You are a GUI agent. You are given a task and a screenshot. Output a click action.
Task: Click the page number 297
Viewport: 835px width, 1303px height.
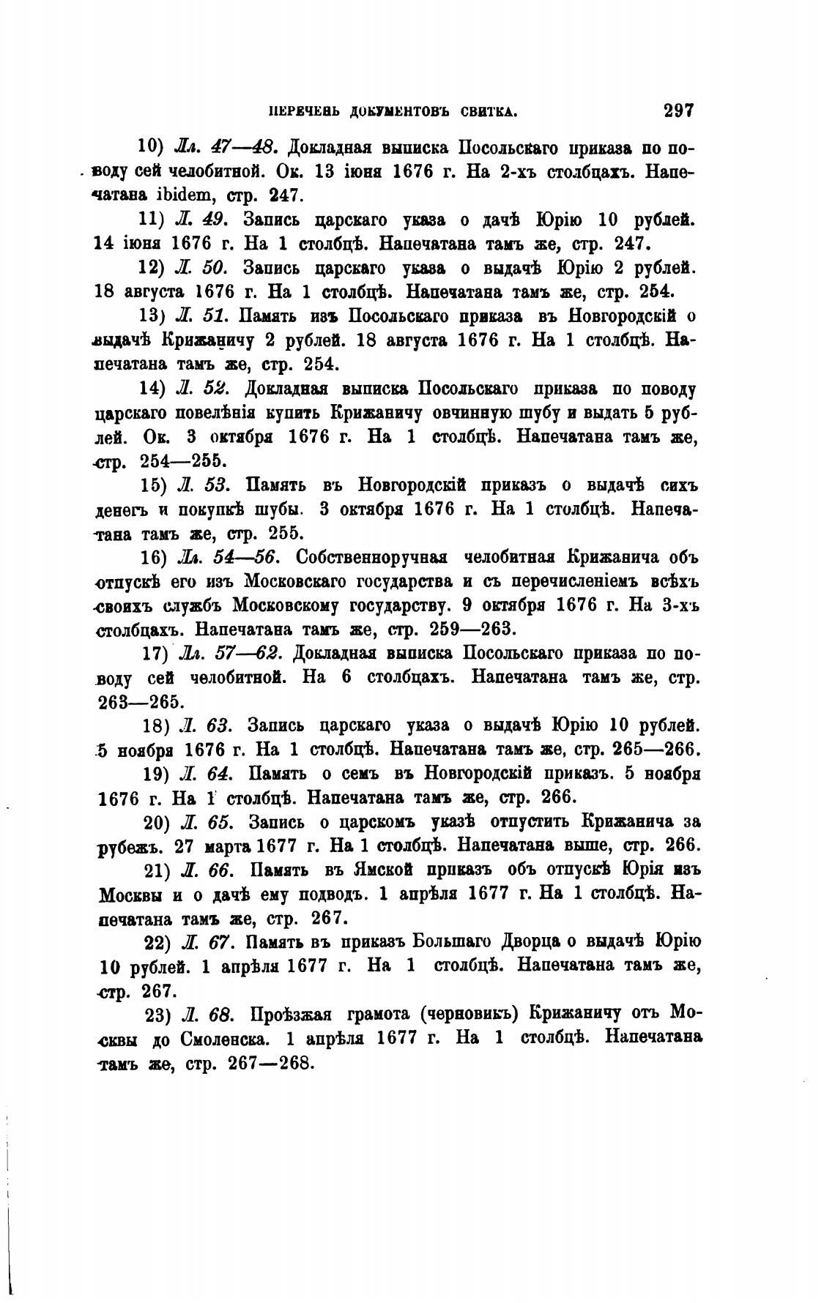(678, 111)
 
